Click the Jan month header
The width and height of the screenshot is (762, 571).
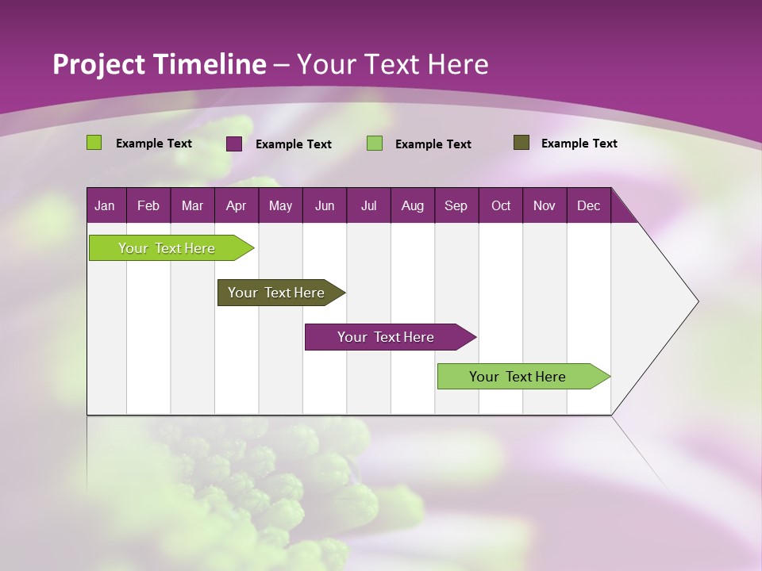[x=105, y=205]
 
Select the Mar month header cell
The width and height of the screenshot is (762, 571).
[x=192, y=205]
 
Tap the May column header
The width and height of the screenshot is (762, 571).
[x=280, y=205]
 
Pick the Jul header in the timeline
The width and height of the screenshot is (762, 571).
[x=368, y=205]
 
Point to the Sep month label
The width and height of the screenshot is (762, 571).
[x=456, y=205]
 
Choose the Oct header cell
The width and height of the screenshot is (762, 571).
[x=501, y=205]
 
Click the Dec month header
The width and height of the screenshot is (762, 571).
[x=588, y=205]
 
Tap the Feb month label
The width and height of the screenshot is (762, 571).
[x=148, y=205]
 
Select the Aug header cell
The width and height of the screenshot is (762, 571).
[x=412, y=205]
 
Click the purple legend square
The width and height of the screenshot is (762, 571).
[x=234, y=144]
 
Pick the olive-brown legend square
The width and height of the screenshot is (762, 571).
[x=521, y=143]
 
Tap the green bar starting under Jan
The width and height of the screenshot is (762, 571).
[x=167, y=248]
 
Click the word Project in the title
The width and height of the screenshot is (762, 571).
[x=99, y=65]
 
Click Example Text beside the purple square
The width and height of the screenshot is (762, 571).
[x=294, y=144]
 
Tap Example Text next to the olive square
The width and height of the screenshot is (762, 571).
[x=579, y=144]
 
